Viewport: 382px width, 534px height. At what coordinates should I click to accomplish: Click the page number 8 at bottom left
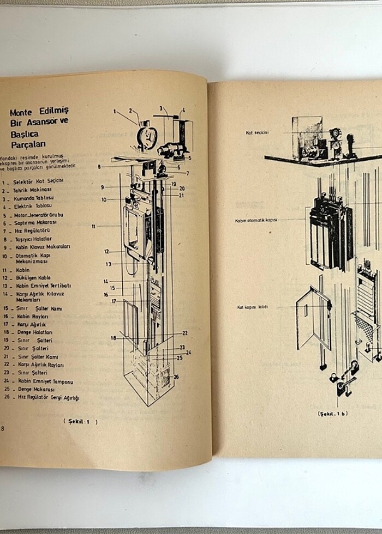point(3,428)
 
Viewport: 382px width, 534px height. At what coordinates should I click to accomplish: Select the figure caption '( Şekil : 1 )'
point(80,421)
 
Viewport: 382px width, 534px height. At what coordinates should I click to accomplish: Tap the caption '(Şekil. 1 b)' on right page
point(332,414)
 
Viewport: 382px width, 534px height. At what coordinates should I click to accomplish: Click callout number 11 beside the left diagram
point(94,226)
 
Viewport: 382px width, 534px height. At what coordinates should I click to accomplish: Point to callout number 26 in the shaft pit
point(176,377)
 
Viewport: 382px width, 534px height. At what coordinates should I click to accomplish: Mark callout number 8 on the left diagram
point(99,166)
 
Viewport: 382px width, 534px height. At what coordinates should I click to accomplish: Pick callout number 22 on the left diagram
point(185,333)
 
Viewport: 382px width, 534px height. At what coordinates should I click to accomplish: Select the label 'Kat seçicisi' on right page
point(258,132)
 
